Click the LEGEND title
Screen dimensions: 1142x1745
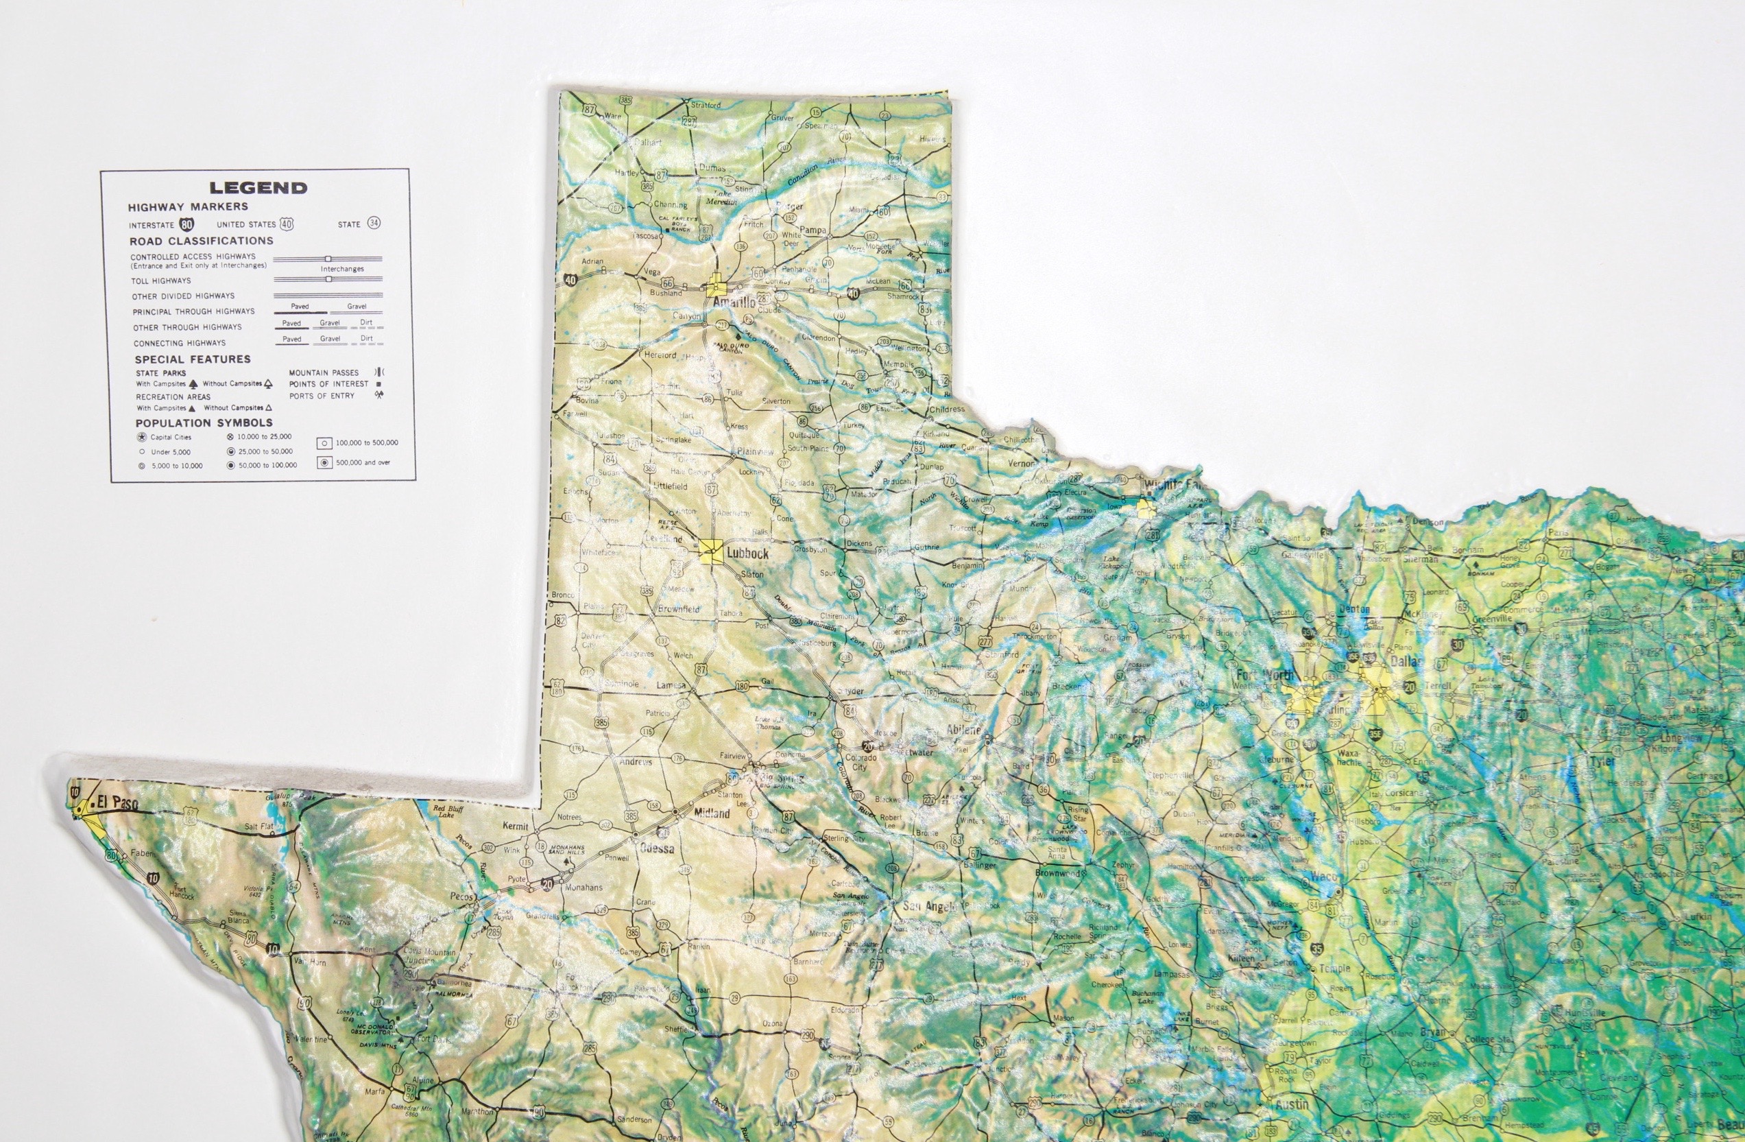[x=258, y=188]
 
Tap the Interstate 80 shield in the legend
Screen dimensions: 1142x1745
[x=187, y=224]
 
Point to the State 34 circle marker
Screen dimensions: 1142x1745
[x=374, y=224]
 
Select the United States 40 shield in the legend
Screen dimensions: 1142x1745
[x=286, y=224]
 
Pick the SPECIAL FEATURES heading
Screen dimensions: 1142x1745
[x=192, y=359]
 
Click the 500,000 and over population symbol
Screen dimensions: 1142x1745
[x=324, y=463]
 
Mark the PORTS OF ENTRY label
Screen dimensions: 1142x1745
[x=321, y=396]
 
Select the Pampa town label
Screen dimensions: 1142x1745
[x=813, y=230]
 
